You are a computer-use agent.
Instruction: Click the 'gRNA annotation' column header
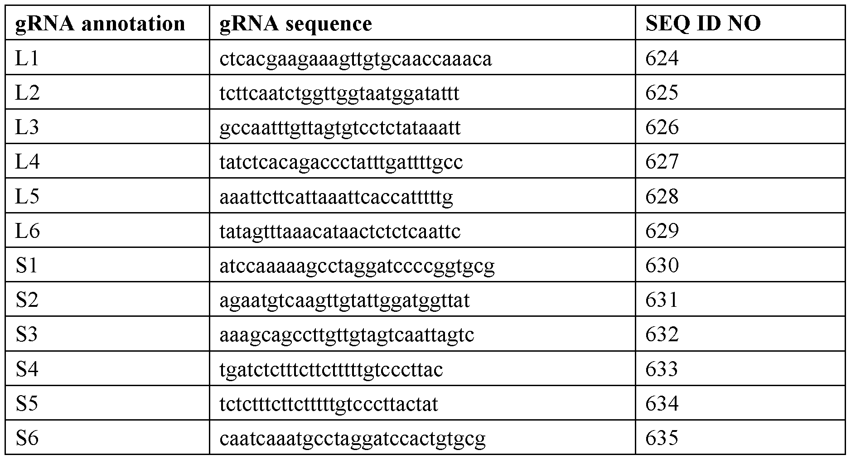point(100,24)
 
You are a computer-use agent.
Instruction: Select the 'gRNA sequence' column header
point(295,24)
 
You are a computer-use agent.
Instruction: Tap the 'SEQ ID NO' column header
point(703,23)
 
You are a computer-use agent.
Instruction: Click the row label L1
point(27,58)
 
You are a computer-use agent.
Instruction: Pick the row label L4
point(28,162)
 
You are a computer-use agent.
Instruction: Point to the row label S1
point(27,265)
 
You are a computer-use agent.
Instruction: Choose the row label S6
point(27,438)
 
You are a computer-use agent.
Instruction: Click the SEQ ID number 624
point(662,58)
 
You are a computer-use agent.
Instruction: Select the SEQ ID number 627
point(662,162)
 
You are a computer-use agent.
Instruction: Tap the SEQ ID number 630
point(662,265)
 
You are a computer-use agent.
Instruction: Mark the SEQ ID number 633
point(662,369)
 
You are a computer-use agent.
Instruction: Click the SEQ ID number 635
point(662,438)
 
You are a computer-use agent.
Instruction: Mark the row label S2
point(28,300)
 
